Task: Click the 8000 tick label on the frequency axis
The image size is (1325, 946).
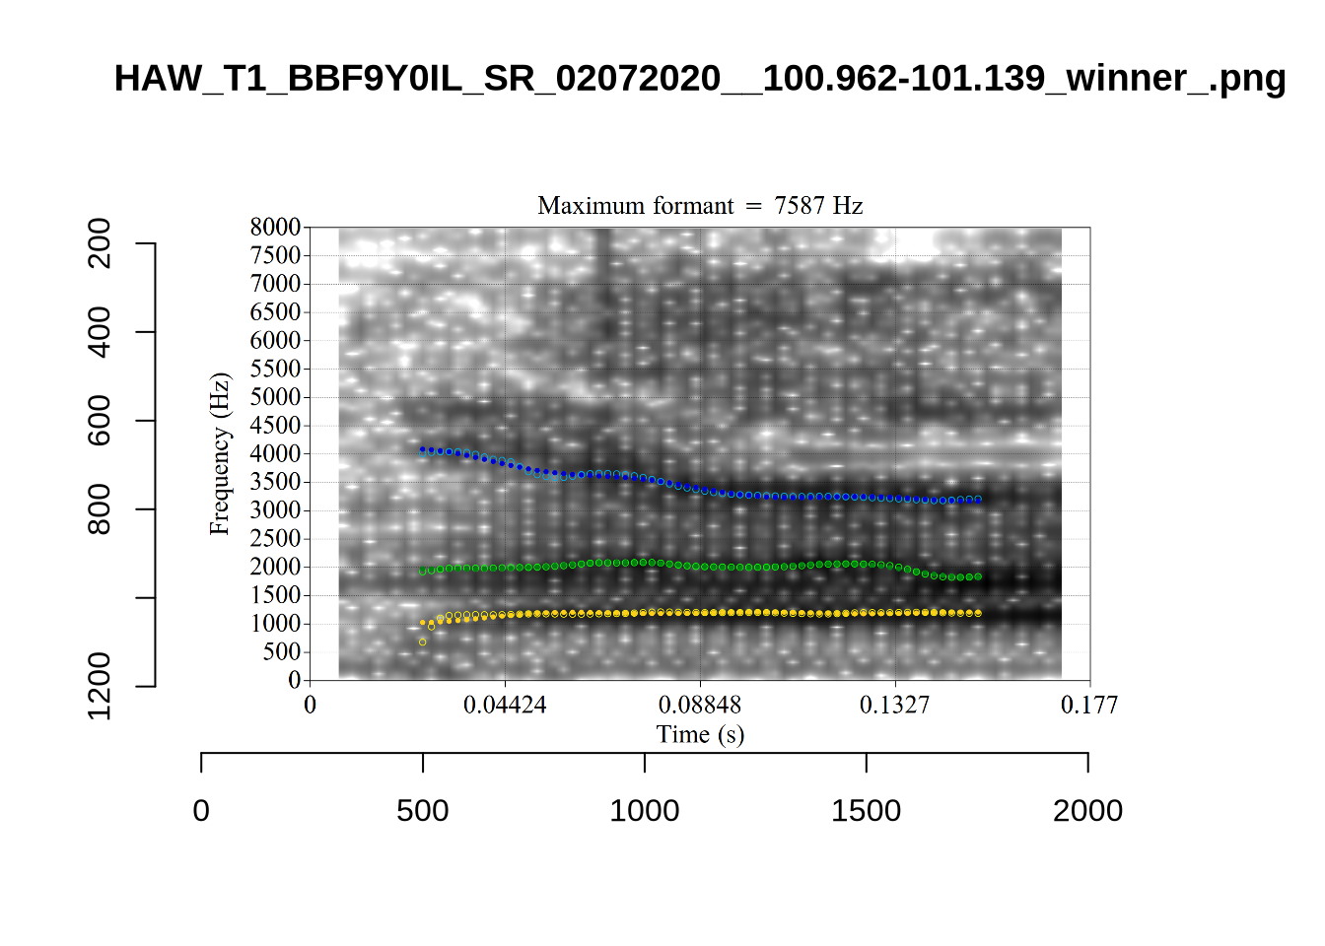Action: [275, 227]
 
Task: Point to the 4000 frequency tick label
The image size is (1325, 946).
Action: [275, 453]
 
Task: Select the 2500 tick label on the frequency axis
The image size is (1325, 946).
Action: [275, 538]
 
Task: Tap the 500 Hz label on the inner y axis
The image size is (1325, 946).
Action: [281, 651]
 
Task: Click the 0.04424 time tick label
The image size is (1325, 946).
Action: [505, 705]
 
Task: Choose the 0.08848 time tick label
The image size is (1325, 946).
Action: [700, 705]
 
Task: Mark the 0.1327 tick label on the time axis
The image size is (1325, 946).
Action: [894, 705]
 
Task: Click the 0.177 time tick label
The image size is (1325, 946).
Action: [1088, 705]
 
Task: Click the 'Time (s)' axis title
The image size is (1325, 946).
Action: [700, 734]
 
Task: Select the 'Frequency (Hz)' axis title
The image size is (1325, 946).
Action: [219, 453]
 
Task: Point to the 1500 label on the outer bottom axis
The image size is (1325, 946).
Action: [866, 811]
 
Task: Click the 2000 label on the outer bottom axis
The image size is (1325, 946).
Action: [1087, 811]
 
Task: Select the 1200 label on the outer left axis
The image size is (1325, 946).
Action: [100, 686]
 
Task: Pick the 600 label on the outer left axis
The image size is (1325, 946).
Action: [100, 421]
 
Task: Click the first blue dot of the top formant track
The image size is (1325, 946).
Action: [422, 449]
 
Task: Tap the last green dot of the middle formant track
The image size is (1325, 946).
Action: [977, 576]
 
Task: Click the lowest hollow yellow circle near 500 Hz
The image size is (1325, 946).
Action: [423, 642]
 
